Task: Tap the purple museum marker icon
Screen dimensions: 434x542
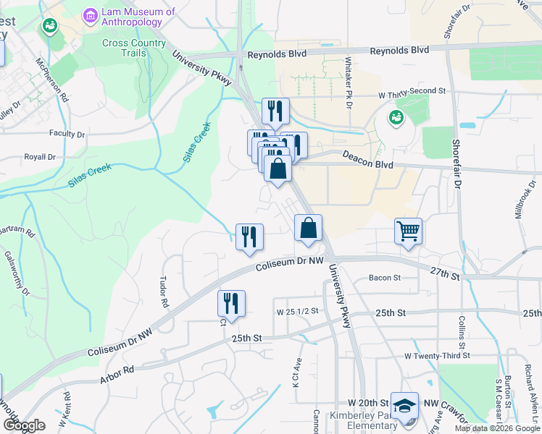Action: [91, 14]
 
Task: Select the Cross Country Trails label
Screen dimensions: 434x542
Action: [133, 48]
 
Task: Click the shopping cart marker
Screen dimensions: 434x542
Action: [409, 231]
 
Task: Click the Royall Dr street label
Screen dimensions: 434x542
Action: [40, 156]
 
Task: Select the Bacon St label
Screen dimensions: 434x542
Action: [384, 278]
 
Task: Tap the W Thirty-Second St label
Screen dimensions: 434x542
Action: [412, 92]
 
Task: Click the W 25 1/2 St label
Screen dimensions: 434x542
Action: [299, 312]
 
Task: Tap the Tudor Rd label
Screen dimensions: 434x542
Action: [164, 290]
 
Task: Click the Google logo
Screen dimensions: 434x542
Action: [24, 425]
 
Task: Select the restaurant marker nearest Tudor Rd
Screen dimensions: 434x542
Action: [231, 303]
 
